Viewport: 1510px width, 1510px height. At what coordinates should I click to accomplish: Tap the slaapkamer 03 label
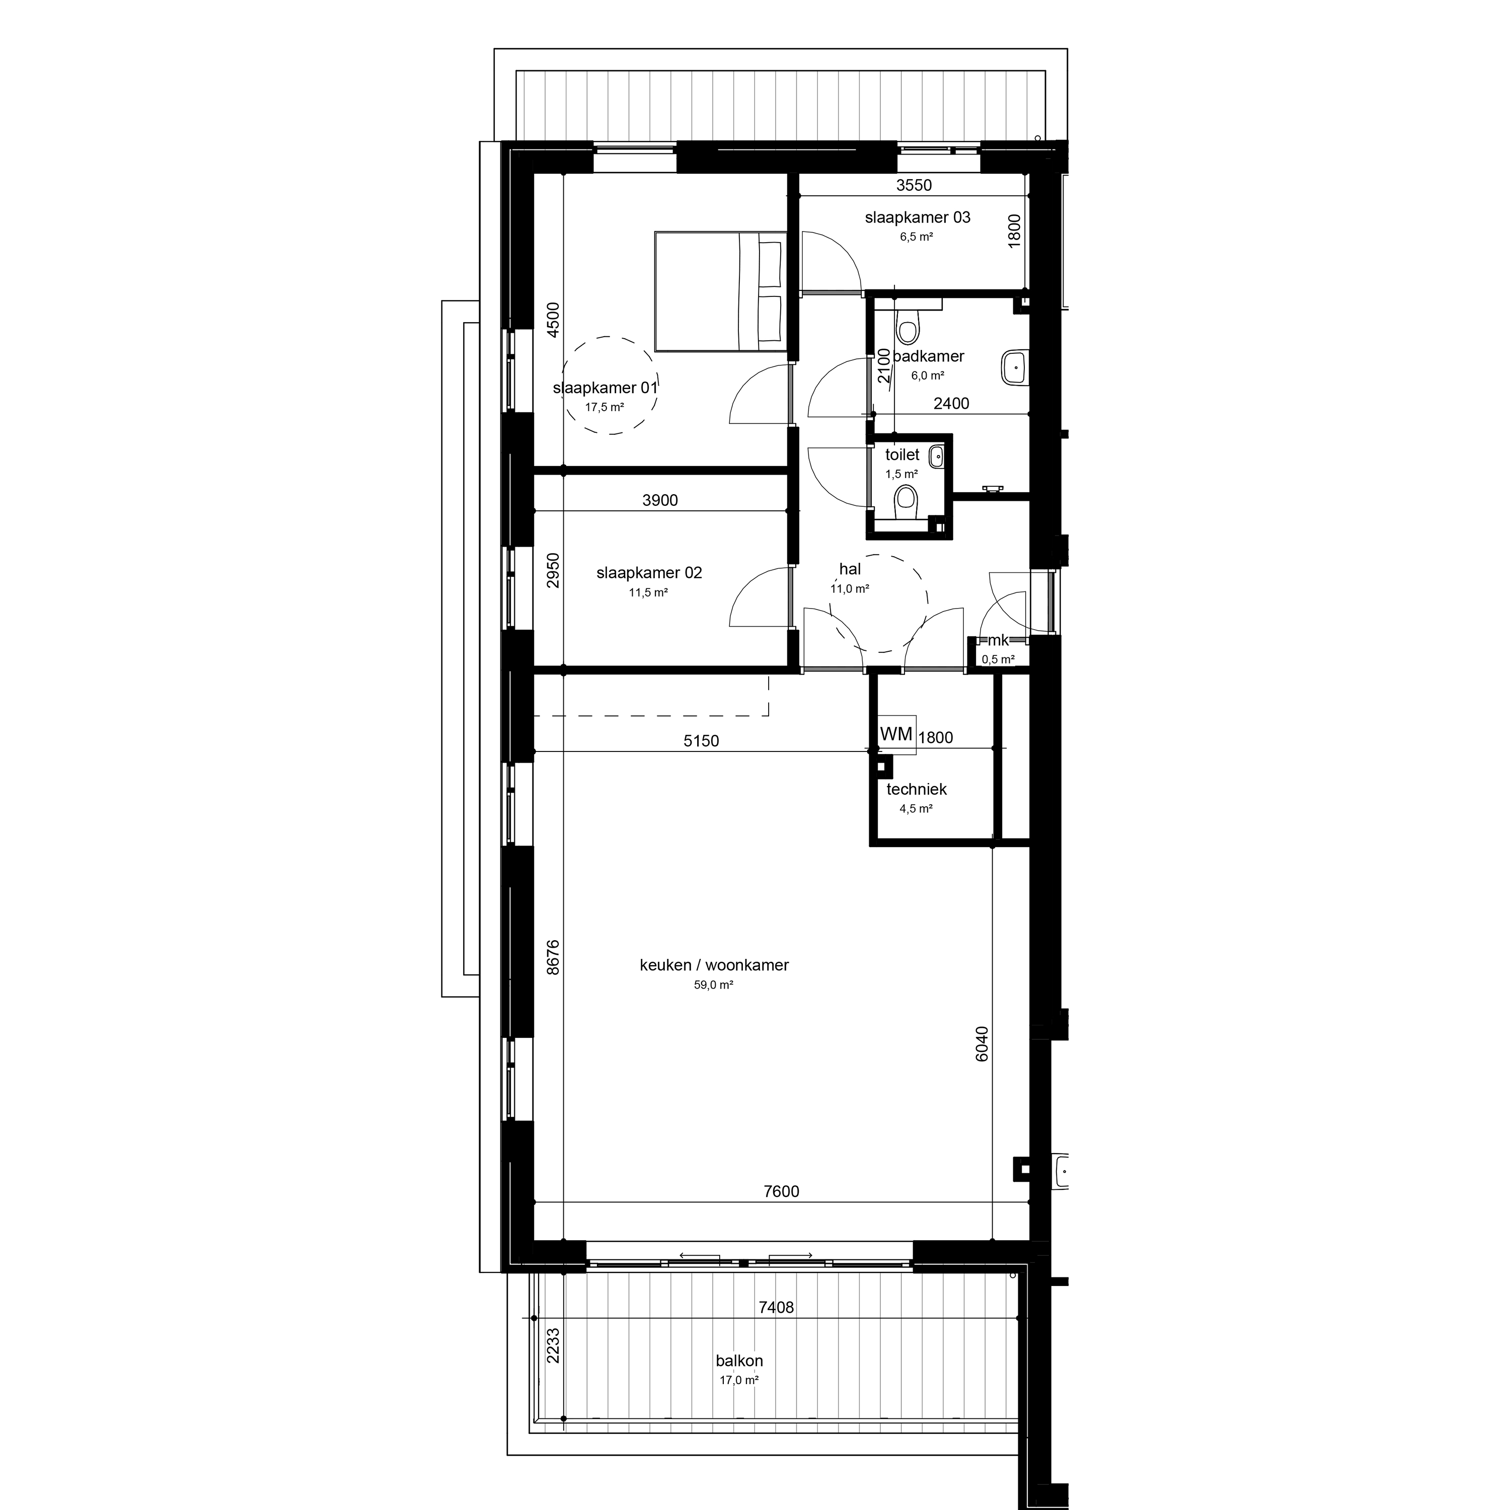[x=918, y=218]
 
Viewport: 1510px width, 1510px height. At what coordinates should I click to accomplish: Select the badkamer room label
[x=929, y=356]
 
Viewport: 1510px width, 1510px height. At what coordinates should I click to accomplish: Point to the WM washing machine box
[x=896, y=735]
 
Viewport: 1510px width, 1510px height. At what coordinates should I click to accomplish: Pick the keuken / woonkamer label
[x=714, y=965]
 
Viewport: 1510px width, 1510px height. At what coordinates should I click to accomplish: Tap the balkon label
[x=739, y=1361]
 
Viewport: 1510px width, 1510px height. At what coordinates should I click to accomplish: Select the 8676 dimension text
[x=553, y=957]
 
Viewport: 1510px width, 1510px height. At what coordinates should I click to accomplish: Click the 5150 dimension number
[x=701, y=741]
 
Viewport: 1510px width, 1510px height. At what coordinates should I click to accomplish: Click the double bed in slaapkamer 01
[x=721, y=291]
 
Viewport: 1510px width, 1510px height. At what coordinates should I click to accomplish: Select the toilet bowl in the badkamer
[x=908, y=326]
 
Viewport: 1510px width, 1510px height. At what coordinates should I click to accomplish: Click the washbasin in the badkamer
[x=1015, y=366]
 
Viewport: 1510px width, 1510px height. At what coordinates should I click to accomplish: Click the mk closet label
[x=998, y=640]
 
